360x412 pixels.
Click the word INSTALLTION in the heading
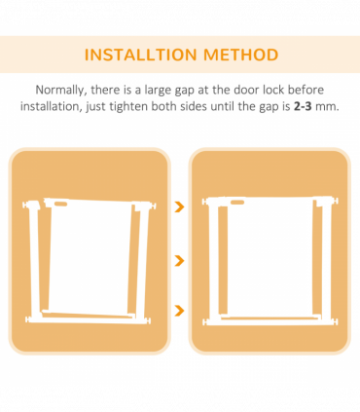click(x=138, y=55)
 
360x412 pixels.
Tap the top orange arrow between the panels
click(x=179, y=207)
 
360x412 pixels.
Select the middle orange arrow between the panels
click(x=179, y=260)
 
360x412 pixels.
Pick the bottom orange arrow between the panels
click(x=179, y=312)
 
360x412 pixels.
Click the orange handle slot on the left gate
click(x=60, y=205)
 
